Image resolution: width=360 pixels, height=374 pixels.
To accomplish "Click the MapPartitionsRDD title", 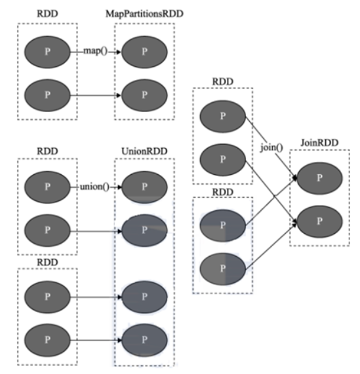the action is [144, 14].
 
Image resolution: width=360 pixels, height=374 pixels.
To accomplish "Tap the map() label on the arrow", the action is [96, 51].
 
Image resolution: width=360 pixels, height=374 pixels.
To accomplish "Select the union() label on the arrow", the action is [94, 187].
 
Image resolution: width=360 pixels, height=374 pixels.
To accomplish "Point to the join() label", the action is [271, 147].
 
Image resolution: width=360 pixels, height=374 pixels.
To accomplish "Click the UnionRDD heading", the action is [144, 151].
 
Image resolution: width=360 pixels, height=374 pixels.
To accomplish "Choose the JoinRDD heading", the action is [319, 143].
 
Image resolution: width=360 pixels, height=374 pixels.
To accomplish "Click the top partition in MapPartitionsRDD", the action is [144, 52].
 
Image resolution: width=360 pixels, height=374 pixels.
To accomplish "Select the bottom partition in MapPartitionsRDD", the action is [144, 95].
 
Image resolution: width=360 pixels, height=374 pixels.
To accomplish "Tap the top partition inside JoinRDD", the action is [319, 178].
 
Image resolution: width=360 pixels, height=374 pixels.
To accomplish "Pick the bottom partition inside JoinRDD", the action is [319, 221].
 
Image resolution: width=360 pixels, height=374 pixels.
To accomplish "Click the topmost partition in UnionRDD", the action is [144, 187].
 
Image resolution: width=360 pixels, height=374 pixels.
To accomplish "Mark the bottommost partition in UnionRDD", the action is [144, 340].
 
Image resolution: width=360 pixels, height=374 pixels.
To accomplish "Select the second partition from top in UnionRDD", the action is [144, 230].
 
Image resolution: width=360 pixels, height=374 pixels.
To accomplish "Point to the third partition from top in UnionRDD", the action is [144, 297].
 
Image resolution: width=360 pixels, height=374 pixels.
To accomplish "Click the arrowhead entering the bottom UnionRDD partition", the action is [119, 340].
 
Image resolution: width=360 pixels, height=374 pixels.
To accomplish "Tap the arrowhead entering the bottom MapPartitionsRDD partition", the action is [119, 96].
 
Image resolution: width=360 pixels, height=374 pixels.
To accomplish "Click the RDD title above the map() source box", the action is [47, 14].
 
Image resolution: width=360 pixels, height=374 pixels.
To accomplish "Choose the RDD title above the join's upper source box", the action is [223, 82].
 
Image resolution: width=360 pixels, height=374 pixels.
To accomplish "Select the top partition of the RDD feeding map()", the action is [47, 52].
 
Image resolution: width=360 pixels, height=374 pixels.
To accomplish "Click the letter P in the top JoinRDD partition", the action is [319, 178].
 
